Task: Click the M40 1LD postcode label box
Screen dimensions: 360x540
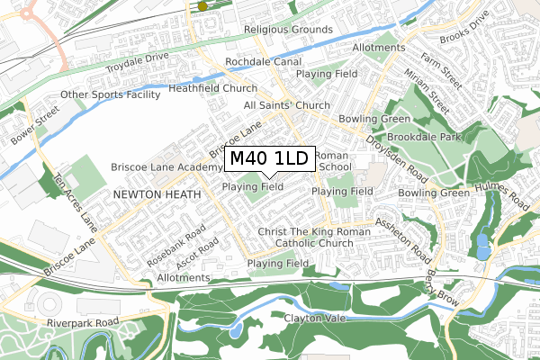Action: [268, 158]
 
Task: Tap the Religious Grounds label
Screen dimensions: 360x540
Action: [288, 30]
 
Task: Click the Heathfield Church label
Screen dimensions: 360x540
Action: [212, 89]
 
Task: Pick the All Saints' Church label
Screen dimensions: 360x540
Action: [287, 105]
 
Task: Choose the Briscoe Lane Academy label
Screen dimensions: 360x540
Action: [166, 167]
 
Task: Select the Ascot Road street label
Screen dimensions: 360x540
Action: [199, 254]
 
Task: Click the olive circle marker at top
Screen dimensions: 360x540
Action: [202, 5]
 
